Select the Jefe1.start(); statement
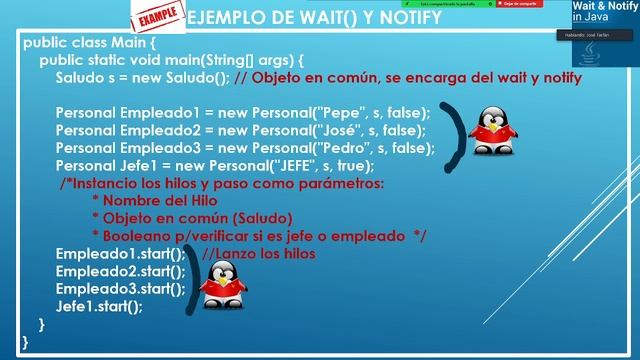click(x=99, y=307)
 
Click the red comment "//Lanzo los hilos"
click(x=259, y=254)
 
